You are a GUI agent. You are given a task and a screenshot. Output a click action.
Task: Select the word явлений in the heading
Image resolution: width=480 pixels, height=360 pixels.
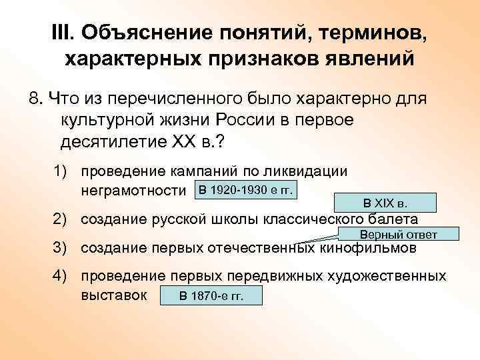click(x=361, y=59)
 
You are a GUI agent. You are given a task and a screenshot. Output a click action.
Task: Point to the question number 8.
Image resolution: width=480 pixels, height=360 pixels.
click(x=35, y=99)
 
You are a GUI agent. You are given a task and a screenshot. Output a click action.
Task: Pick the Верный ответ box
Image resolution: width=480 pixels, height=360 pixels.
click(x=398, y=234)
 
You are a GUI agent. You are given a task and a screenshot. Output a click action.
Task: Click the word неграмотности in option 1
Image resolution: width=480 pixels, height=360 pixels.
click(x=133, y=191)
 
